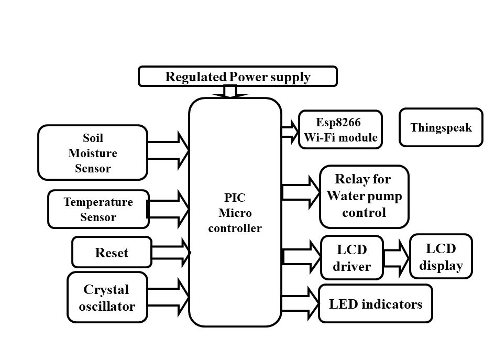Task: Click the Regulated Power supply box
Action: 237,77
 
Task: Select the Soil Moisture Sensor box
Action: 93,153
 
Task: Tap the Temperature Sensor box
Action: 98,209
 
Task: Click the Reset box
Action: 112,253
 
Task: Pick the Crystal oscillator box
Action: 107,298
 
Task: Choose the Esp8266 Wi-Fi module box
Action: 340,130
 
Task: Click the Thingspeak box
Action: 441,127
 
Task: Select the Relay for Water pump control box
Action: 364,196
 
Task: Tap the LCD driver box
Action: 352,257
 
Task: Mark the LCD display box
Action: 441,257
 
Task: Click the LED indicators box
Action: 375,304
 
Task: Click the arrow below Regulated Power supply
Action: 230,92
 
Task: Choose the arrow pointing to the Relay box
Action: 301,191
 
